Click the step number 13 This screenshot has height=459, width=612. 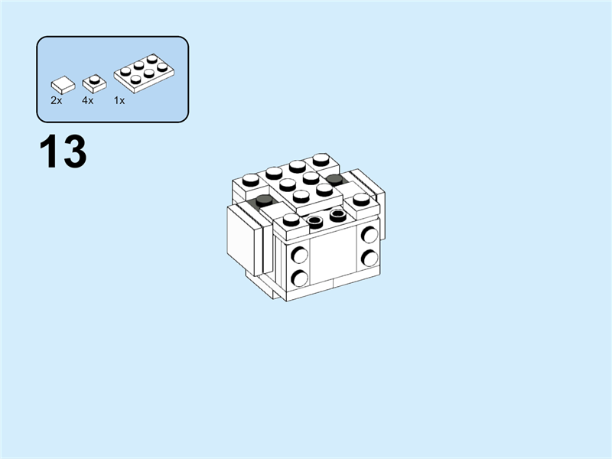63,152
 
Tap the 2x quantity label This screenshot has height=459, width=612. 57,100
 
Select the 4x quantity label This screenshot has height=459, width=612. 88,100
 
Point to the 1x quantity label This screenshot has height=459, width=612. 119,100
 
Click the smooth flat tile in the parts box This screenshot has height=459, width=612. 62,83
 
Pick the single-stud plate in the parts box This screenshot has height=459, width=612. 93,81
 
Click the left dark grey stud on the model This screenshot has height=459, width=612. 265,200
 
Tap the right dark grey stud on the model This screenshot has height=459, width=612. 333,181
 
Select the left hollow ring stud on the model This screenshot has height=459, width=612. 315,221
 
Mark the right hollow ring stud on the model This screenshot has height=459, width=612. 337,214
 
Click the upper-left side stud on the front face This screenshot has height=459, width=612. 301,256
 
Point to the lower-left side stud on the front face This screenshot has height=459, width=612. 301,277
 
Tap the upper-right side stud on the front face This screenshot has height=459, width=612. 369,235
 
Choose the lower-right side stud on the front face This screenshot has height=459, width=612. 369,257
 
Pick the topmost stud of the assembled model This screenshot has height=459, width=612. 320,160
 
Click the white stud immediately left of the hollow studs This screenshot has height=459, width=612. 291,220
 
